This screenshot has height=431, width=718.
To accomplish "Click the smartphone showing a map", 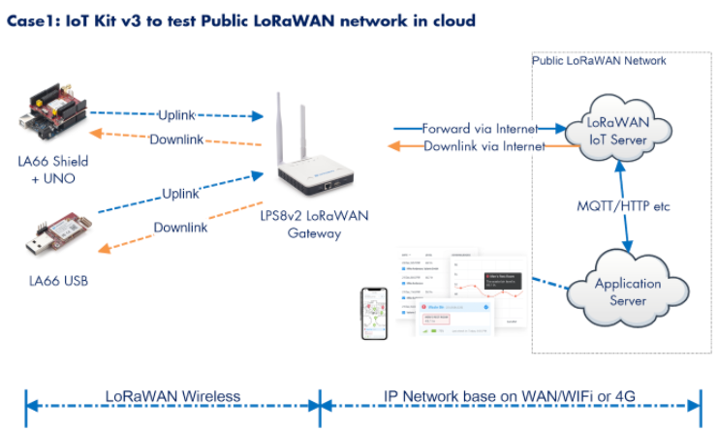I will (x=374, y=313).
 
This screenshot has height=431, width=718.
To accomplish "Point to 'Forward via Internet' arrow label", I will (x=480, y=128).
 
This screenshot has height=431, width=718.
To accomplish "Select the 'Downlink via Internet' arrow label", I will (x=484, y=147).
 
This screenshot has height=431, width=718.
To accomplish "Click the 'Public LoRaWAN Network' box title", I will (x=599, y=60).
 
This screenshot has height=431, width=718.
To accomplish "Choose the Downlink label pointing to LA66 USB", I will (x=180, y=228).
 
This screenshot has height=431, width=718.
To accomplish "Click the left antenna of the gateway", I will (x=280, y=126).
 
